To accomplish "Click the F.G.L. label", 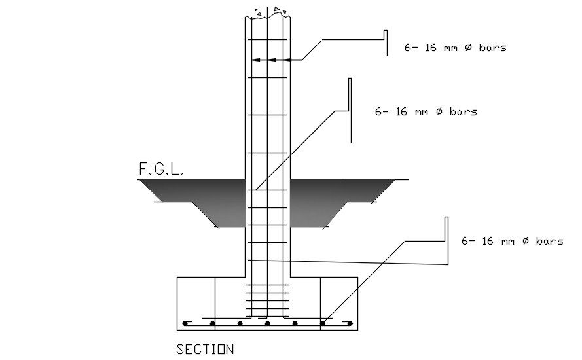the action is (x=161, y=169).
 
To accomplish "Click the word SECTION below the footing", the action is (x=205, y=350).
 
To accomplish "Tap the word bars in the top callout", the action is (x=492, y=48).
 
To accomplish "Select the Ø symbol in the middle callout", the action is (x=439, y=111).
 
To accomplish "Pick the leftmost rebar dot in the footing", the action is (x=185, y=323).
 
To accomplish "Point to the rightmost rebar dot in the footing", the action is (x=350, y=323).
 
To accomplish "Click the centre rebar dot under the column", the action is (x=267, y=323).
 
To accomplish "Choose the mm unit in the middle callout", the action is (x=422, y=112).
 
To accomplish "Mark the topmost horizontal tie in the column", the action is (x=267, y=39).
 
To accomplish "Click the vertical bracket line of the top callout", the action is (x=386, y=43).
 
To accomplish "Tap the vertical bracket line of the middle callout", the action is (x=350, y=111).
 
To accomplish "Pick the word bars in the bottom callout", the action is (x=550, y=242).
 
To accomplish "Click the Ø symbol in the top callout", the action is (x=469, y=48).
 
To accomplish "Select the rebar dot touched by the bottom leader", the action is (x=322, y=323).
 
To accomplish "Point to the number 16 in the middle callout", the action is (x=401, y=111).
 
